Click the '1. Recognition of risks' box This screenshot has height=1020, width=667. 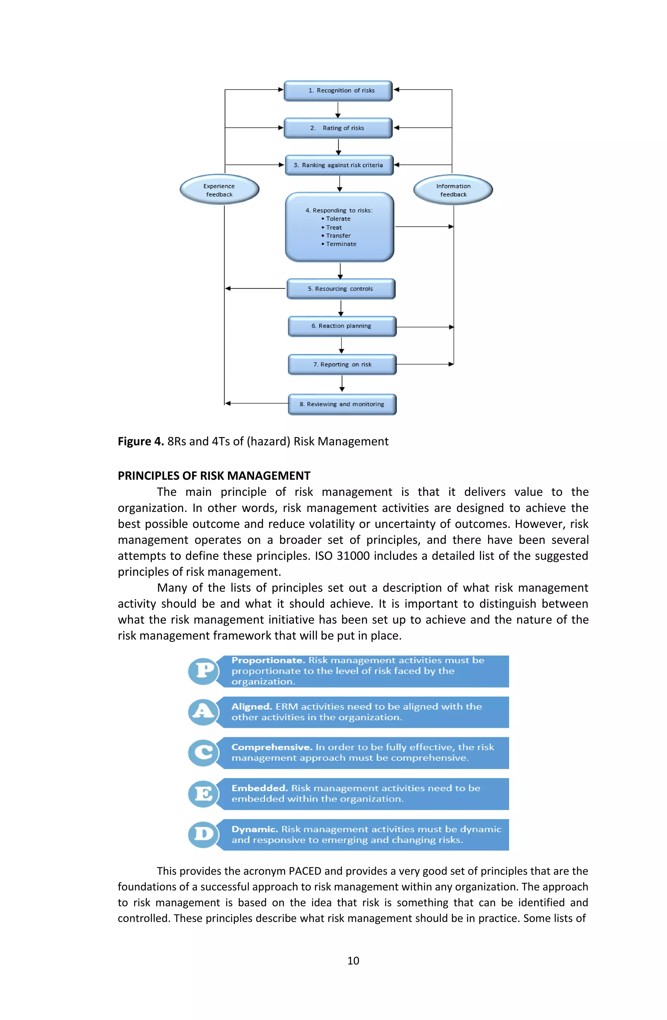(338, 91)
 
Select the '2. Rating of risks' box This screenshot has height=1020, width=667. (338, 128)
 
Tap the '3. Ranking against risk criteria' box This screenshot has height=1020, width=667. (339, 165)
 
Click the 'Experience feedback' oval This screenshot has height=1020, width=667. (219, 190)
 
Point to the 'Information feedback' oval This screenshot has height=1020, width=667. (453, 190)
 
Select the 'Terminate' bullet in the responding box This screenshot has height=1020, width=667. (341, 244)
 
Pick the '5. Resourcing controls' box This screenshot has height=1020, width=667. (340, 289)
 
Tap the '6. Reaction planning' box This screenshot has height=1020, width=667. (342, 326)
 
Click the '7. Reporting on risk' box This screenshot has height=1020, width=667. (342, 364)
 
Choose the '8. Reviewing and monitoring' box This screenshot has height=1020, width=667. (342, 404)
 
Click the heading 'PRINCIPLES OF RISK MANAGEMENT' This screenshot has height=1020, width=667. (214, 476)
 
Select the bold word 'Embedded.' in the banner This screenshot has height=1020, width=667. (259, 788)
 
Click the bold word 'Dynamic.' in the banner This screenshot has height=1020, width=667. (255, 829)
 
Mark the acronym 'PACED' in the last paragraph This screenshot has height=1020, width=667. (305, 871)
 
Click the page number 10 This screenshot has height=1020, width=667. (353, 961)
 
